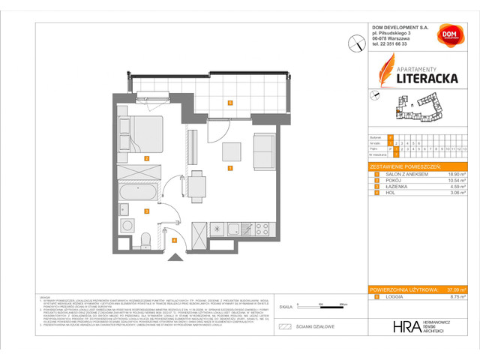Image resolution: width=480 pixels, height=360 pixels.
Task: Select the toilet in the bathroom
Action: [x=147, y=238]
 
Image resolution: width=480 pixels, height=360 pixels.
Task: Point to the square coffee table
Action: [x=230, y=151]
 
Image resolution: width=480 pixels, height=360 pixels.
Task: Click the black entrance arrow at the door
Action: [x=177, y=258]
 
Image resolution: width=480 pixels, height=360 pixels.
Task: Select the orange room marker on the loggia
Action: [x=230, y=103]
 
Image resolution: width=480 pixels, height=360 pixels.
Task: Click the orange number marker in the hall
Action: [x=174, y=240]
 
